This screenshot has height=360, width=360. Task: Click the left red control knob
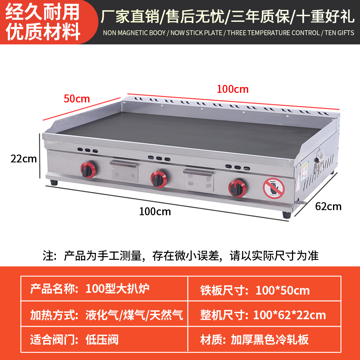click(x=88, y=169)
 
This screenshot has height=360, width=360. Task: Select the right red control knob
click(x=237, y=188)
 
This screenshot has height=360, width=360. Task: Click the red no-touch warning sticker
click(x=273, y=188)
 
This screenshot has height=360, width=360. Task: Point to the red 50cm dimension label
click(x=77, y=99)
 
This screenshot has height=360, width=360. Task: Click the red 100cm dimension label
click(x=232, y=89)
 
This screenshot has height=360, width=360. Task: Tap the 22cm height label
click(x=24, y=158)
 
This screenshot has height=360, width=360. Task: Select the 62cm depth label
click(x=328, y=206)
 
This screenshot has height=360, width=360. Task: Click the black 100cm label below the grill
click(x=155, y=211)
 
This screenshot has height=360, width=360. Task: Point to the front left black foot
click(x=54, y=182)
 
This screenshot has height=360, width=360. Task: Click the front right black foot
click(x=286, y=215)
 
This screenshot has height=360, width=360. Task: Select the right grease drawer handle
click(x=198, y=172)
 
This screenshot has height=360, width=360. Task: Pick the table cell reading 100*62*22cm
click(x=289, y=315)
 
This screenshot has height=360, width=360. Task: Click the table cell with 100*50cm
click(x=282, y=290)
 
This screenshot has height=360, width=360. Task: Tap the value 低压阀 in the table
click(x=102, y=340)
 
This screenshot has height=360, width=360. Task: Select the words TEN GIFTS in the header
click(x=339, y=33)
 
